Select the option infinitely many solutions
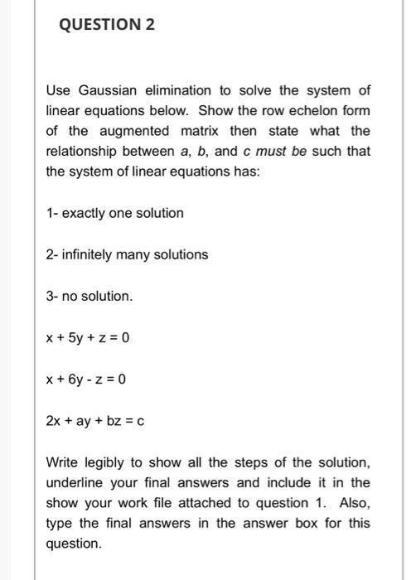pos(127,254)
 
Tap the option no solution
pos(89,296)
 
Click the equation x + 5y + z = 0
pos(87,338)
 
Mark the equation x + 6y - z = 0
pos(86,379)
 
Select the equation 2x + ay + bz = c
pos(95,421)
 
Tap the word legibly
pos(110,462)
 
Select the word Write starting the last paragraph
pos(62,462)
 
